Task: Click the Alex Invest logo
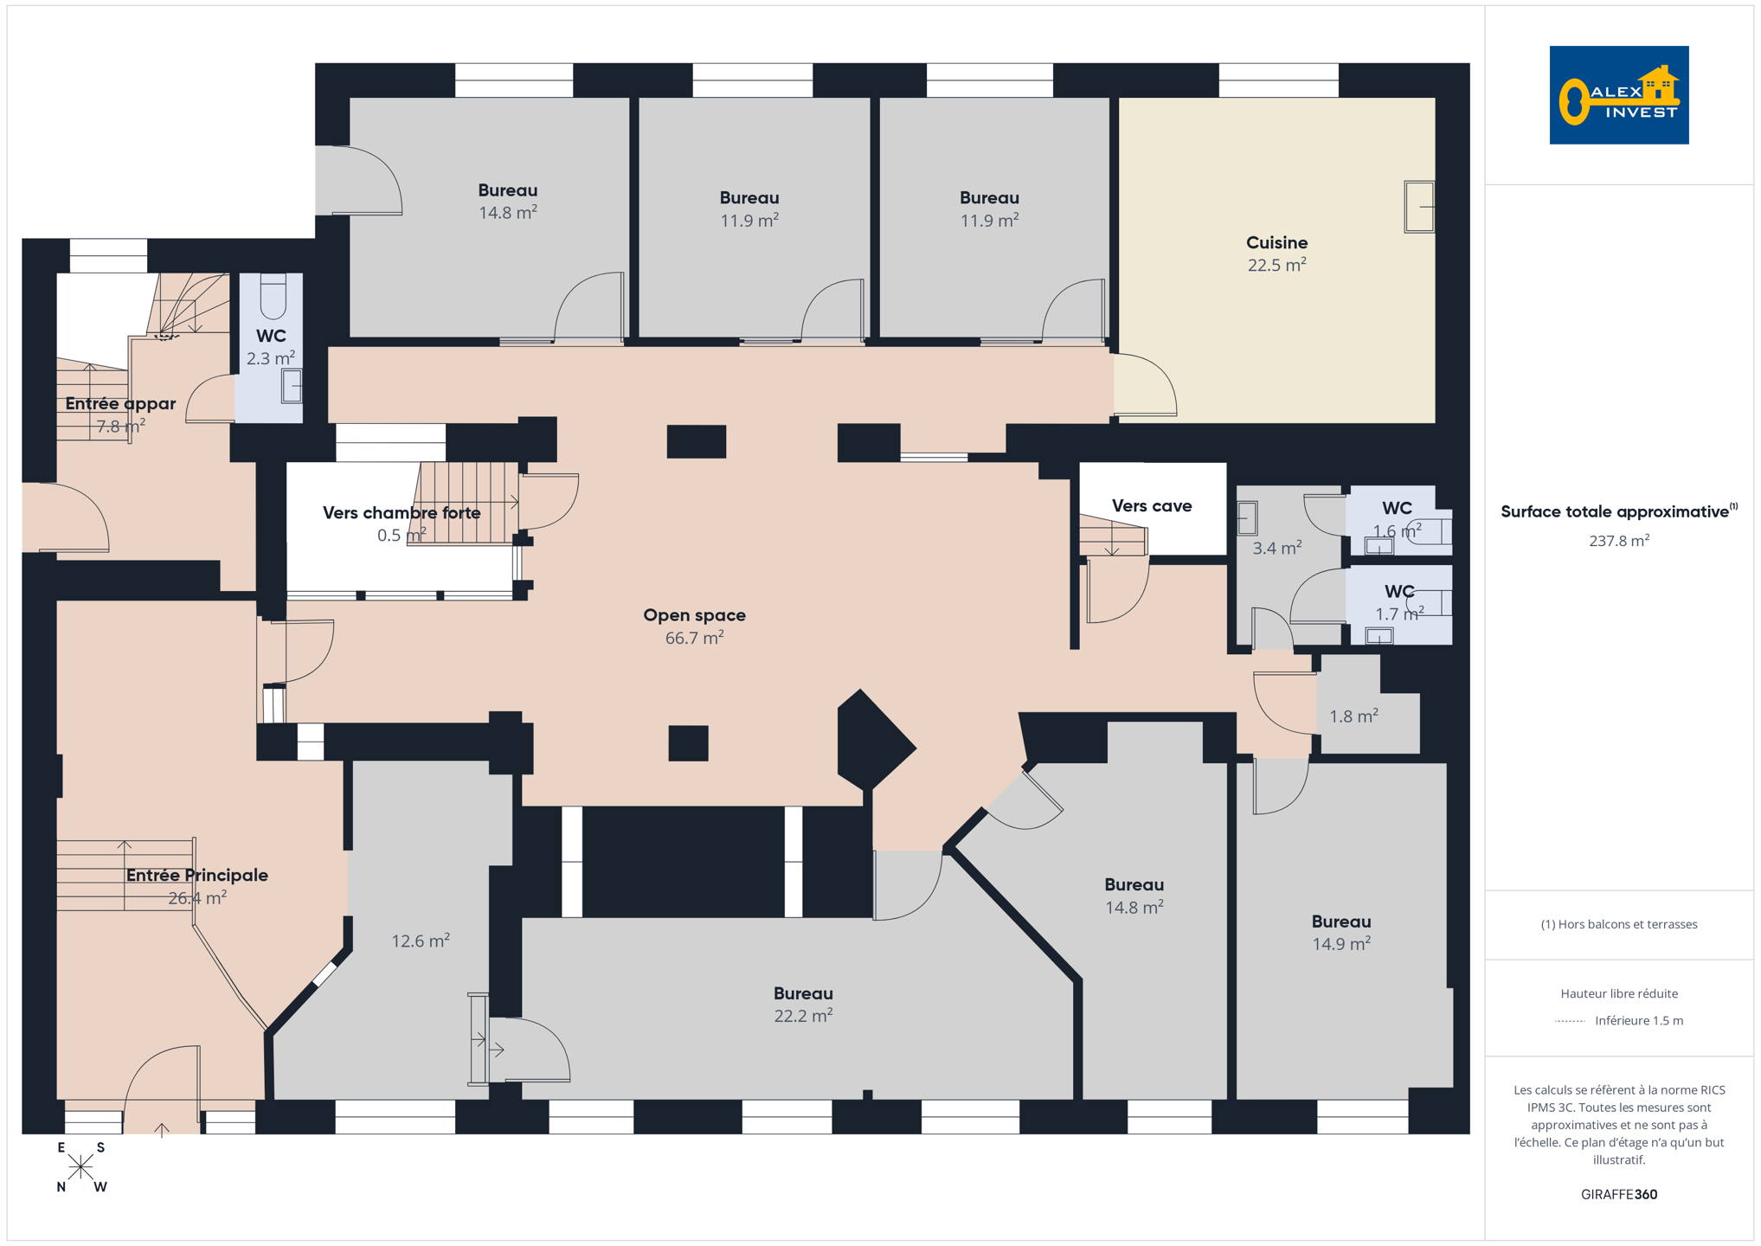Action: (x=1618, y=95)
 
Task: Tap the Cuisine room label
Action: (x=1276, y=243)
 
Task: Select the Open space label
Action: (x=694, y=615)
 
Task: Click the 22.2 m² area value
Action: (x=803, y=1015)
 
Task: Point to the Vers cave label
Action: (x=1152, y=506)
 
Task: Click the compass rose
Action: (x=80, y=1168)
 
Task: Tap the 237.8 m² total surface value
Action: (x=1619, y=541)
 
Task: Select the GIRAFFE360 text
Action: (x=1619, y=1194)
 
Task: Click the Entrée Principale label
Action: (x=197, y=876)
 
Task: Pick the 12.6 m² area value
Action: (x=421, y=941)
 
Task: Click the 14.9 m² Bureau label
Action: (x=1341, y=922)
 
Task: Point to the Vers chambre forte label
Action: (x=402, y=513)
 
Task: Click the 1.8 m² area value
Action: (x=1353, y=716)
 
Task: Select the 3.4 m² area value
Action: (x=1277, y=548)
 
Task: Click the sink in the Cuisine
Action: (x=1419, y=207)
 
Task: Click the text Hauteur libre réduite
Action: (x=1619, y=993)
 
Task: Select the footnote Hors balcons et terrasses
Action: (x=1619, y=924)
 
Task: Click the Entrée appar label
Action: (x=120, y=404)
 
